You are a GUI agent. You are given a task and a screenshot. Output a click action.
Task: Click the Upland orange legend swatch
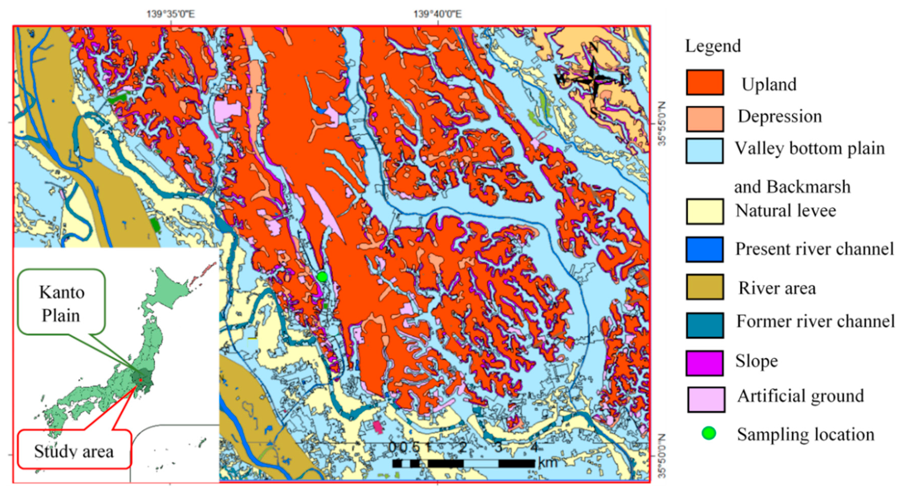click(x=705, y=82)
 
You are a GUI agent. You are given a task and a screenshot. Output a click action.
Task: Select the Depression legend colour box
click(x=705, y=119)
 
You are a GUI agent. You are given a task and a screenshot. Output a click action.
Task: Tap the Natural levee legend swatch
click(x=705, y=211)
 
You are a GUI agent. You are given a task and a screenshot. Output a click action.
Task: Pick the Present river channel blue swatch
click(x=705, y=249)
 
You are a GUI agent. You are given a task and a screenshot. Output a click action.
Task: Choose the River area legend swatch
click(x=705, y=287)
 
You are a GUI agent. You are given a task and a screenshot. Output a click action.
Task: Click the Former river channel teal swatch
click(x=705, y=325)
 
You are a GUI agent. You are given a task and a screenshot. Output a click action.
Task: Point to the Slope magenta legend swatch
click(x=705, y=363)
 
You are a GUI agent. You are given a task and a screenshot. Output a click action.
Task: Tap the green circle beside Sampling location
click(x=709, y=433)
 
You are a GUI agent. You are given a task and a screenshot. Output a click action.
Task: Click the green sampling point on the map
click(x=322, y=277)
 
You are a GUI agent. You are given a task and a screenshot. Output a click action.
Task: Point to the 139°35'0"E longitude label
click(x=171, y=14)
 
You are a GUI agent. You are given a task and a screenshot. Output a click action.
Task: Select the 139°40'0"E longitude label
click(x=437, y=14)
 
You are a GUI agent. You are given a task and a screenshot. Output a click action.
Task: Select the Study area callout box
click(x=74, y=451)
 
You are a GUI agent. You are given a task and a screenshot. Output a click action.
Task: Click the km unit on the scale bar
click(x=548, y=463)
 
